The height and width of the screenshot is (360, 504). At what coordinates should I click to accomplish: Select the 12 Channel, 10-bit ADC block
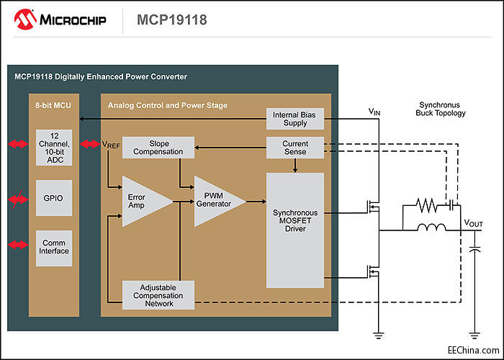(54, 148)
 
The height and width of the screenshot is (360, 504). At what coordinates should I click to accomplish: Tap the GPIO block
(54, 198)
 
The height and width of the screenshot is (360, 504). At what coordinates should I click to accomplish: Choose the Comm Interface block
(54, 247)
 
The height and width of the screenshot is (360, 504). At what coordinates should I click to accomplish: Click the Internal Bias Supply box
(295, 119)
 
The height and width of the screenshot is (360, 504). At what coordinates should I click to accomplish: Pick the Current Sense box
(295, 148)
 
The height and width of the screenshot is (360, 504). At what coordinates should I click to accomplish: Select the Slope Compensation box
(158, 148)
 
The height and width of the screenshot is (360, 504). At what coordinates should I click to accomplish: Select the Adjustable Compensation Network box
(158, 294)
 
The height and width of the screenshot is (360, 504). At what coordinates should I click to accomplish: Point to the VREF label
(111, 145)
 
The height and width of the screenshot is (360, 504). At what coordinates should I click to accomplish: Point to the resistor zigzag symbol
(426, 207)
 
